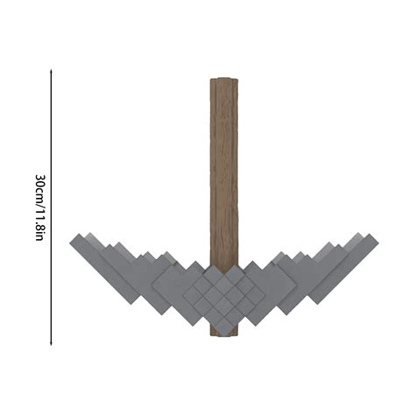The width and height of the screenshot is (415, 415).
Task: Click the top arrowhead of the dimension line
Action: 51,74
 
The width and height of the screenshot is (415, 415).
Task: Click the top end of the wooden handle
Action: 224,81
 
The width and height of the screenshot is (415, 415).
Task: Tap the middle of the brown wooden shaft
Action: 224,175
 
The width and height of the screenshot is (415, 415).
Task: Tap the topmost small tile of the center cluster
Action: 224,271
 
